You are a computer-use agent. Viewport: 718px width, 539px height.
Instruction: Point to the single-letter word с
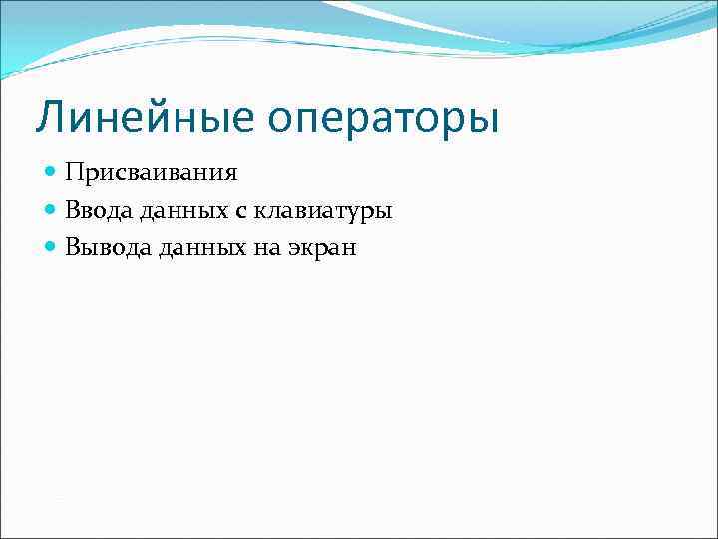[x=242, y=211]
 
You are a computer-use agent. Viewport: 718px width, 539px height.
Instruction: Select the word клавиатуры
[x=322, y=212]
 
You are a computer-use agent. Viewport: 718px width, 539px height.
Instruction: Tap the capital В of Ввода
[x=73, y=210]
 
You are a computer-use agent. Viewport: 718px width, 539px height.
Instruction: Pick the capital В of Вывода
[x=73, y=247]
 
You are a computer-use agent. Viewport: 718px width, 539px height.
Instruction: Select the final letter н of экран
[x=348, y=249]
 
